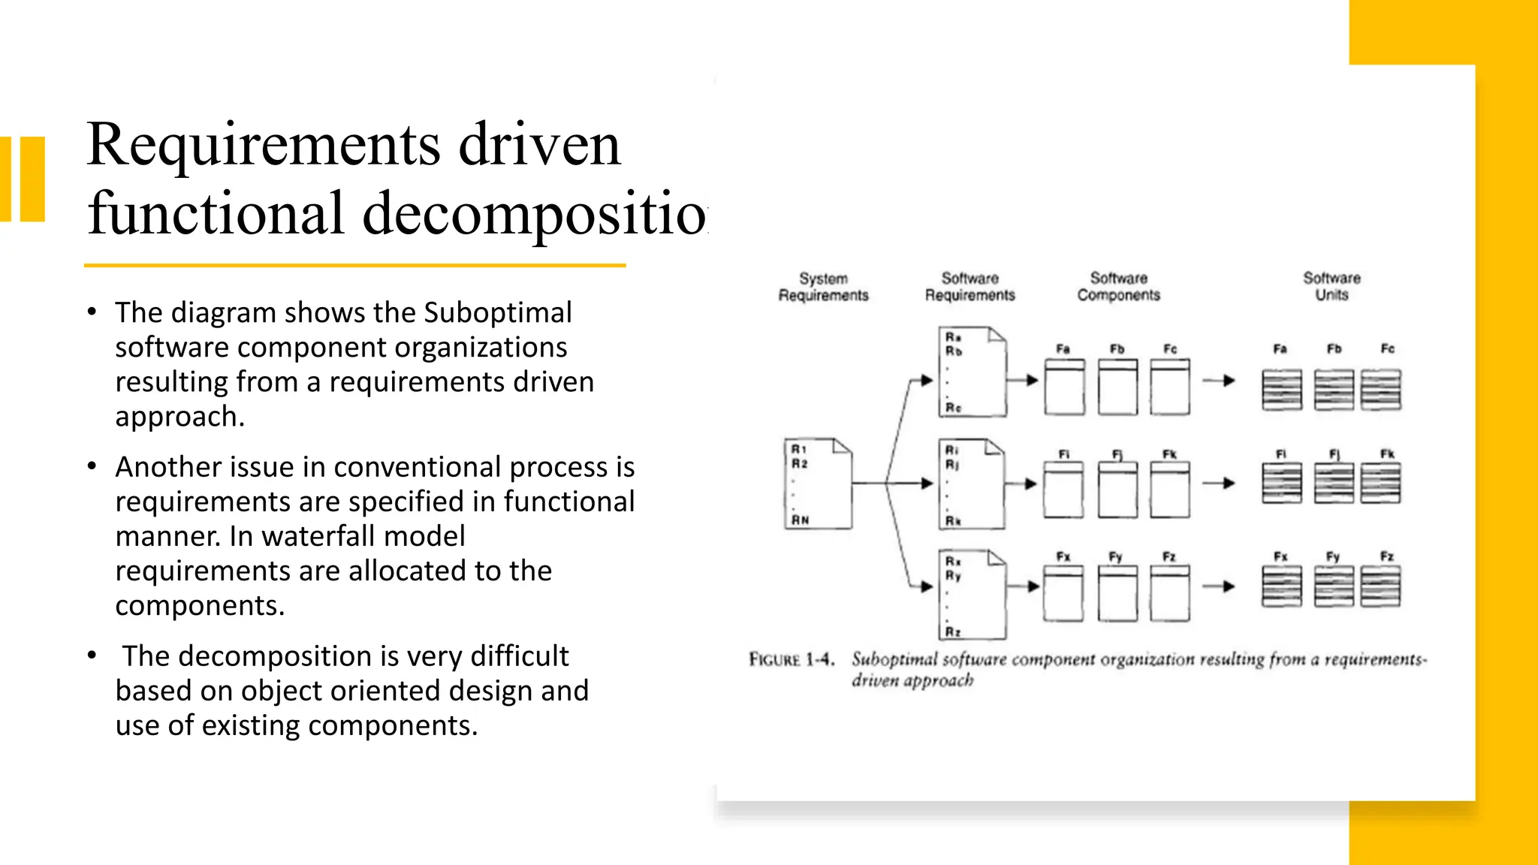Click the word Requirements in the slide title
[x=262, y=145]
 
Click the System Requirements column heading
[x=823, y=287]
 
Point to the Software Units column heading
[x=1331, y=286]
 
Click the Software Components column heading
[x=1118, y=287]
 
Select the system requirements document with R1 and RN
[x=818, y=484]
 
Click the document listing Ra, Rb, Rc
[x=972, y=372]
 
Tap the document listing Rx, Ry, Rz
[x=972, y=595]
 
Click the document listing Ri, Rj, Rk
[x=972, y=484]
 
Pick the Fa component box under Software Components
[x=1064, y=387]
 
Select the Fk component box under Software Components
[x=1170, y=490]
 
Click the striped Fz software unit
[x=1380, y=586]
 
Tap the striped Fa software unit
[x=1282, y=390]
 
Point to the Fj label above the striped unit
[x=1334, y=454]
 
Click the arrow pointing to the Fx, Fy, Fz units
[x=1219, y=586]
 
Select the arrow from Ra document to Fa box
[x=1023, y=381]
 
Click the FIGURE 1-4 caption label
[x=791, y=660]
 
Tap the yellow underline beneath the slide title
[x=354, y=265]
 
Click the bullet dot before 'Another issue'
[x=92, y=467]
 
